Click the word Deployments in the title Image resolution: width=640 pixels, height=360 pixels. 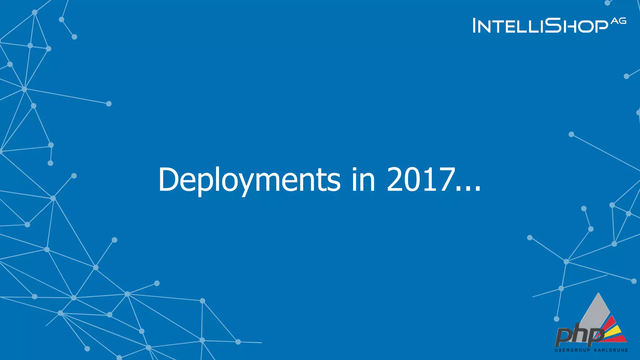pyautogui.click(x=249, y=180)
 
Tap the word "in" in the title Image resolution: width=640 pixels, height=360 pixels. pyautogui.click(x=363, y=180)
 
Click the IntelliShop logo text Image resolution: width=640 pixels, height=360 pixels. pyautogui.click(x=541, y=26)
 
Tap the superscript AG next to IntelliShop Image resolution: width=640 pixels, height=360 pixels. pyautogui.click(x=619, y=21)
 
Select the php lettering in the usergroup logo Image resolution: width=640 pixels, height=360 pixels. pyautogui.click(x=578, y=336)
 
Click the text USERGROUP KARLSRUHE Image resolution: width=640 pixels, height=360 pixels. pyautogui.click(x=591, y=350)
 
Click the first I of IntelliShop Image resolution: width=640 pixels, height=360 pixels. pyautogui.click(x=475, y=25)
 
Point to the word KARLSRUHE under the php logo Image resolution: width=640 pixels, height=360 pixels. pyautogui.click(x=611, y=350)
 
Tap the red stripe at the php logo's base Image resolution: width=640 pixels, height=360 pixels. pyautogui.click(x=617, y=339)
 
